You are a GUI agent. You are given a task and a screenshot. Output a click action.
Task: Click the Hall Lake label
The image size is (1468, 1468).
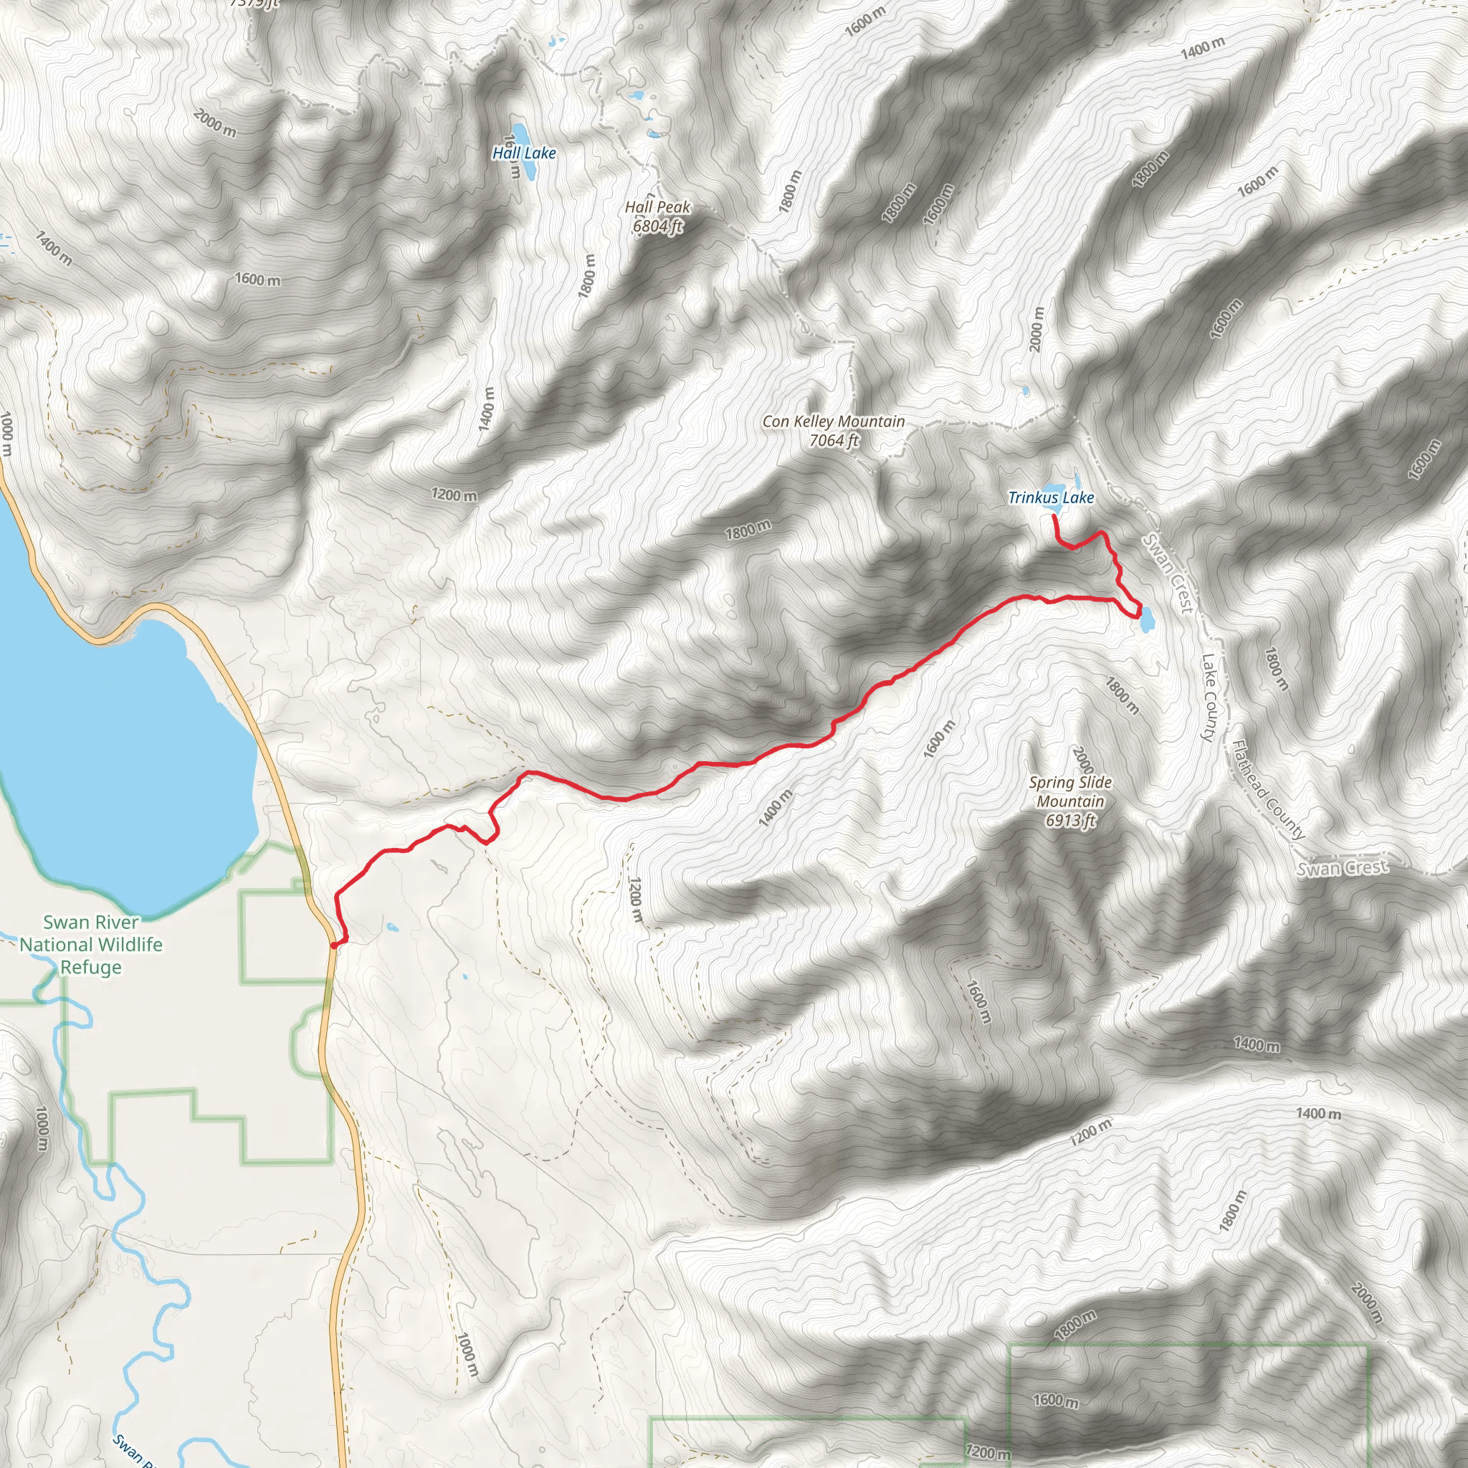524,153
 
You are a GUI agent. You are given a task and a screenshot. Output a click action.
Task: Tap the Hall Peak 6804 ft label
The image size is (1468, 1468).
657,216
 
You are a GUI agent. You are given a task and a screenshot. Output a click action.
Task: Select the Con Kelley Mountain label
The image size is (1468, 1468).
834,421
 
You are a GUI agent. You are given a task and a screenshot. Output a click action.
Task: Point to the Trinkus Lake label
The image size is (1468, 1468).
1051,497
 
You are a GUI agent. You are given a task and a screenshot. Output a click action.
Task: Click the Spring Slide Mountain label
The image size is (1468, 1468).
1071,791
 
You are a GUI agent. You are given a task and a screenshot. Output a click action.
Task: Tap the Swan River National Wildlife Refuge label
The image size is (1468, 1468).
91,945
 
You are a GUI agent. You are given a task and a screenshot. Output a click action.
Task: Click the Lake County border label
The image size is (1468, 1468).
1210,697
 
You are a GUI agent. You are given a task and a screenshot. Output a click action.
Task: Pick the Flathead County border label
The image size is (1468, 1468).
1267,790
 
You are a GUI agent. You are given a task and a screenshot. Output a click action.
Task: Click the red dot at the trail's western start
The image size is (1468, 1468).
334,945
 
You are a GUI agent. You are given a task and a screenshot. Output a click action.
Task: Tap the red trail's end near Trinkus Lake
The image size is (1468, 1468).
1053,517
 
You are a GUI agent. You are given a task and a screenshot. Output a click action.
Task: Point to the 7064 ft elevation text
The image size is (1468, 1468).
834,440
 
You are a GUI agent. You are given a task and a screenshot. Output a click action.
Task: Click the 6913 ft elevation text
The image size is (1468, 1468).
1071,821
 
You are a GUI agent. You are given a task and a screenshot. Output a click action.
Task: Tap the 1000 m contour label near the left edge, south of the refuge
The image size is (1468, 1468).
42,1128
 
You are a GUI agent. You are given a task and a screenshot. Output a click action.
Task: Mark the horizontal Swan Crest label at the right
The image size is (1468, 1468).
1343,868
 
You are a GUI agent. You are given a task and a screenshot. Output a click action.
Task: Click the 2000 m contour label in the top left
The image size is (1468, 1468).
215,123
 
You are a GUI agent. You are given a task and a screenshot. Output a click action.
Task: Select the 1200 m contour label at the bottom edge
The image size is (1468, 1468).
988,1453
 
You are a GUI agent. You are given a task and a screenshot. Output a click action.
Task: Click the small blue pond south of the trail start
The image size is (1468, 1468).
391,928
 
